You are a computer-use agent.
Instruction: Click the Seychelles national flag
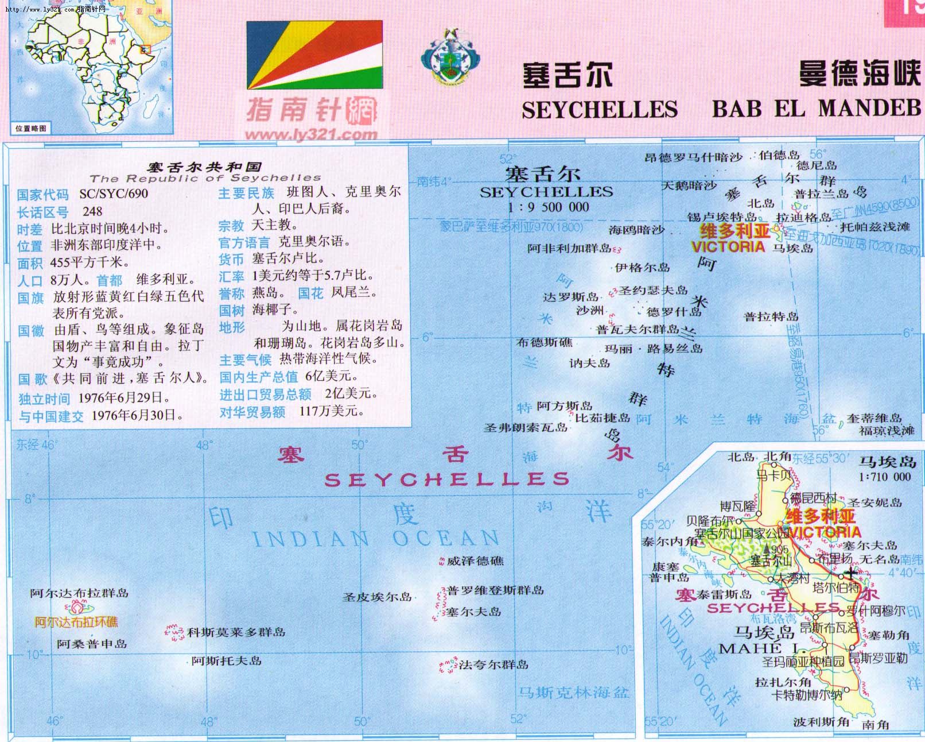coord(314,55)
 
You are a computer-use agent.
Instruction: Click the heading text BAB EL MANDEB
coord(816,109)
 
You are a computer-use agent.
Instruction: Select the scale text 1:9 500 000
coord(548,207)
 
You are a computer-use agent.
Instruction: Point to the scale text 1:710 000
coord(885,477)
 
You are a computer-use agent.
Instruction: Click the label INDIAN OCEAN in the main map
coord(376,539)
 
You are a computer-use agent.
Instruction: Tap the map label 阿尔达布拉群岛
coord(79,593)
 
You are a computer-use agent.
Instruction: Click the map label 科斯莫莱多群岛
coord(236,632)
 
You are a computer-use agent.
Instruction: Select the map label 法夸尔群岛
coord(493,664)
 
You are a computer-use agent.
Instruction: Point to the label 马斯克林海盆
coord(573,693)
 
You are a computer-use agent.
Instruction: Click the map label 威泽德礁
coord(475,561)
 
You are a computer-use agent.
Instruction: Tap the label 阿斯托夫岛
coord(227,661)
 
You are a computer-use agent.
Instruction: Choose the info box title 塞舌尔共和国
coord(205,167)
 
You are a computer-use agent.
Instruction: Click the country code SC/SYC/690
coord(114,194)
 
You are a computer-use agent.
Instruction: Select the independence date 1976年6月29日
coord(124,397)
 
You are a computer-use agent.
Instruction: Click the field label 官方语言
coord(244,242)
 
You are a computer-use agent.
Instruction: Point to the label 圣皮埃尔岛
coord(377,597)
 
